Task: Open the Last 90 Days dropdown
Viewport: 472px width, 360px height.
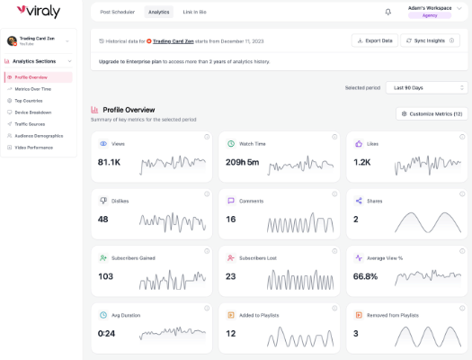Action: pyautogui.click(x=426, y=87)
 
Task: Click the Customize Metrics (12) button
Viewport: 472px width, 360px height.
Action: pyautogui.click(x=432, y=113)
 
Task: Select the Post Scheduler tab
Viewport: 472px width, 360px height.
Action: pyautogui.click(x=117, y=12)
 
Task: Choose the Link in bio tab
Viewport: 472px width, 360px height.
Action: pyautogui.click(x=194, y=12)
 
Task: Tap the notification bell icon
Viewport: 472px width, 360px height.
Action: pyautogui.click(x=387, y=12)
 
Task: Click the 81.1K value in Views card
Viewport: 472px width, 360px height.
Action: pyautogui.click(x=109, y=162)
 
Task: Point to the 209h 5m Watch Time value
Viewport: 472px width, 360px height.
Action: pyautogui.click(x=242, y=162)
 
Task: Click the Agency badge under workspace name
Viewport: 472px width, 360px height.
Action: pyautogui.click(x=430, y=15)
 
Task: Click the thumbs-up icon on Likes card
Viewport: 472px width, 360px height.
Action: pyautogui.click(x=359, y=143)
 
